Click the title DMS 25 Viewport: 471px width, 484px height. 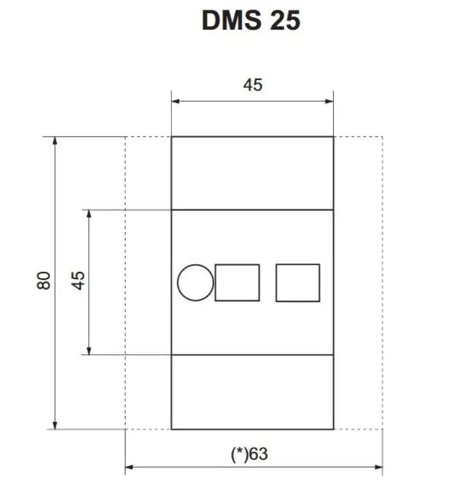(251, 20)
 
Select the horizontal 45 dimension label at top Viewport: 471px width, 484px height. (253, 85)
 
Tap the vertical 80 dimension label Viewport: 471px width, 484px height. (44, 280)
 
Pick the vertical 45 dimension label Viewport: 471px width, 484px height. (79, 280)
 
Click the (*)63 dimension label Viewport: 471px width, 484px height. (249, 454)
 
